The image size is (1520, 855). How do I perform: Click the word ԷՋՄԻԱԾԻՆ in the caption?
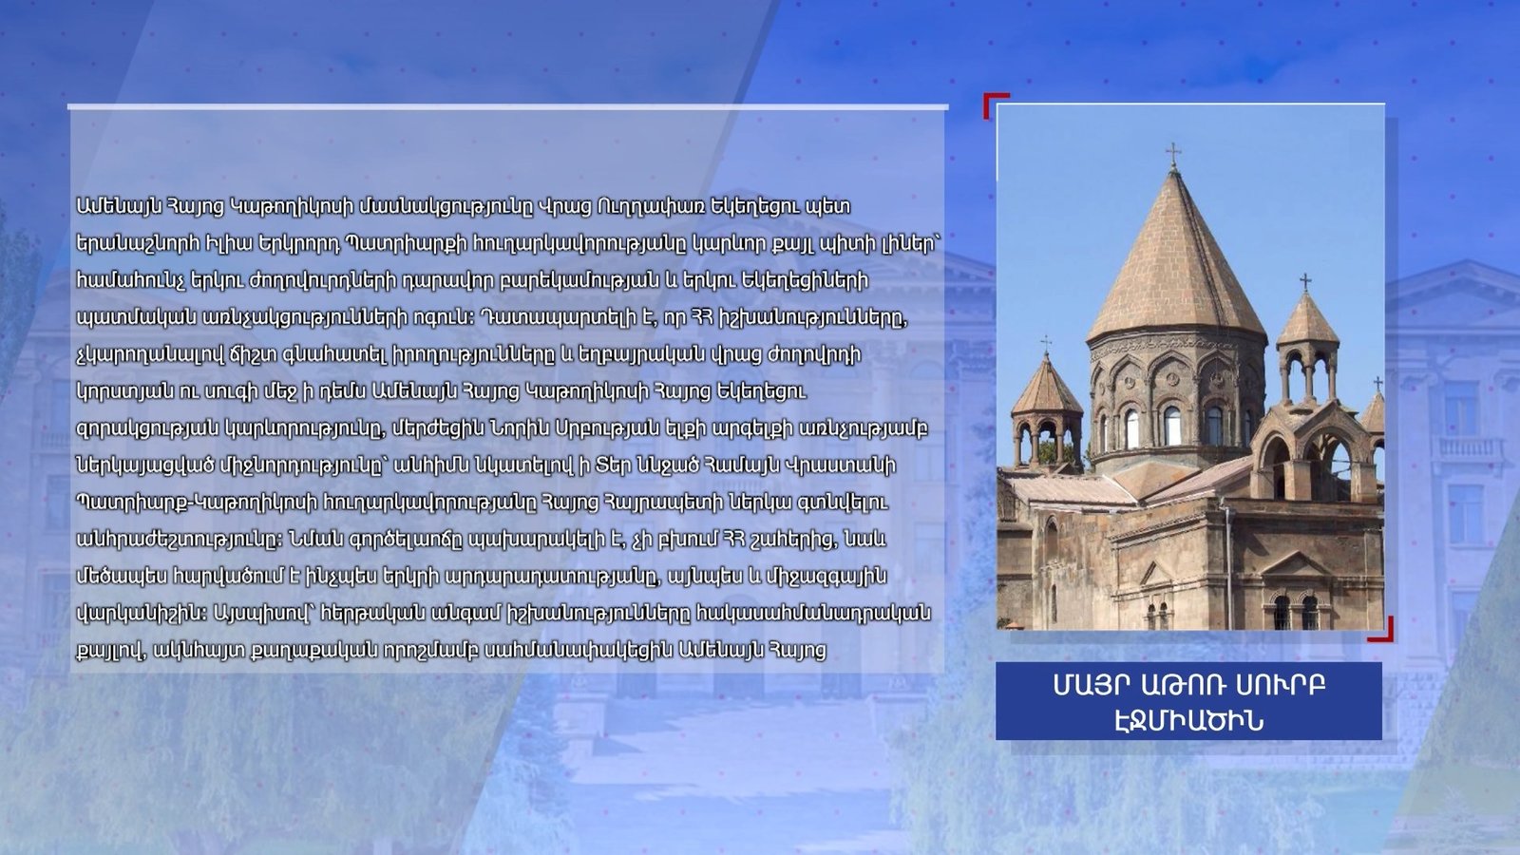point(1188,721)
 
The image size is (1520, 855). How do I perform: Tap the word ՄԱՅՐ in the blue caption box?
point(1082,685)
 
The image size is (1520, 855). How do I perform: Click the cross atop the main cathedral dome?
point(1173,156)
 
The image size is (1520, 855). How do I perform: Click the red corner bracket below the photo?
point(1382,630)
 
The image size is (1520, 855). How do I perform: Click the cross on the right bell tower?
point(1305,282)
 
